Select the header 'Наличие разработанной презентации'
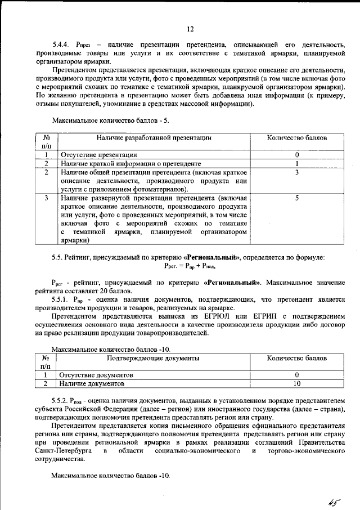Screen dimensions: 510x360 tap(154, 137)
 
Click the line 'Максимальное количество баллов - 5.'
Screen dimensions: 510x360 tap(110, 120)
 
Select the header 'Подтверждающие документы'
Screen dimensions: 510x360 tap(154, 358)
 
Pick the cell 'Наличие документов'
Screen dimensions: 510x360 tap(92, 383)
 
